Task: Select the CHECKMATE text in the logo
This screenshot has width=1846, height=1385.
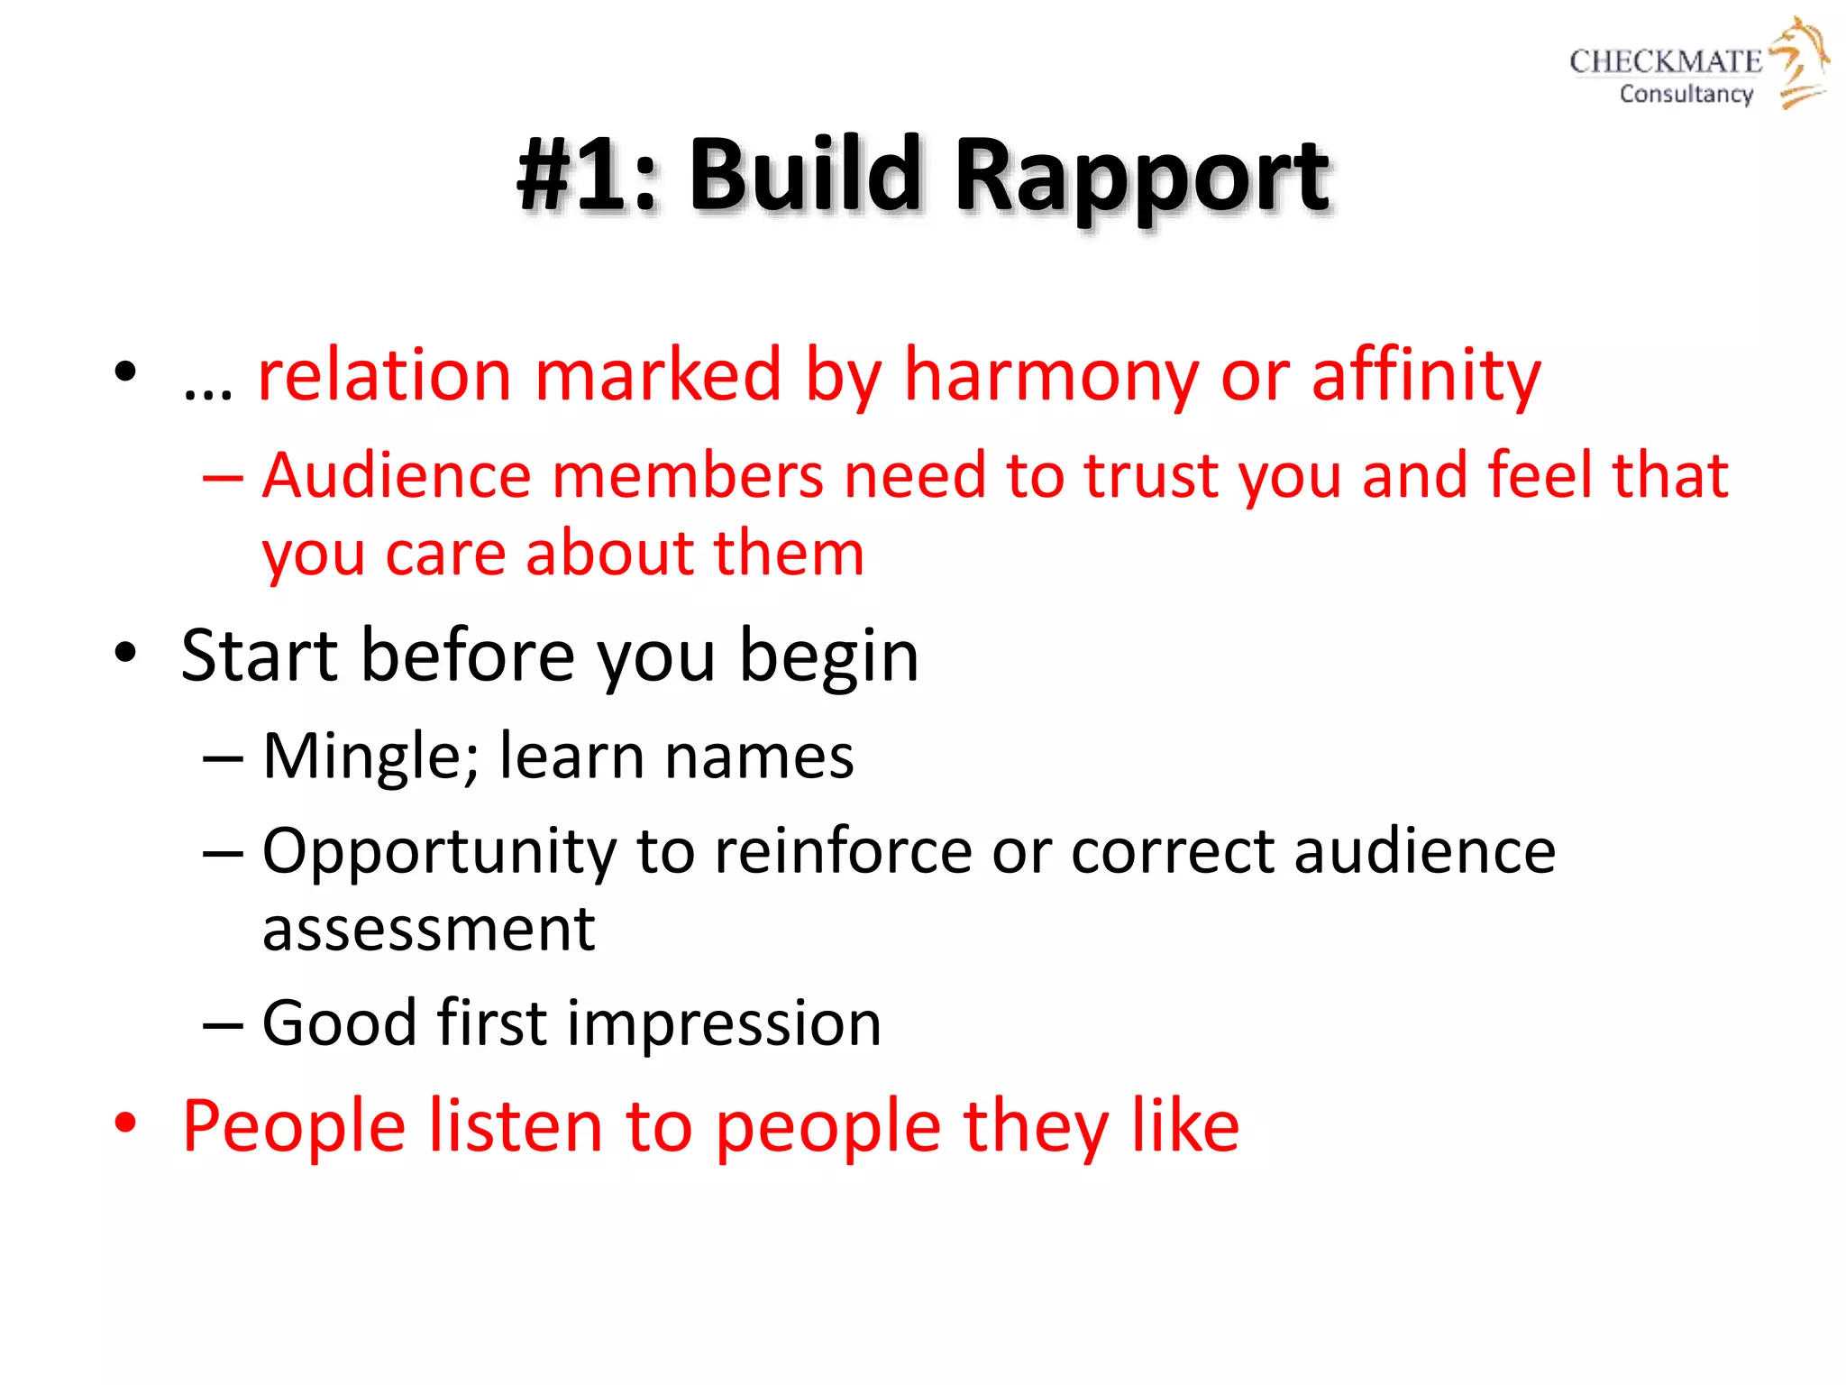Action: coord(1665,61)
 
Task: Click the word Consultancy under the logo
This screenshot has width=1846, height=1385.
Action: coord(1686,94)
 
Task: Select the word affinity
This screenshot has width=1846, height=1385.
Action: coord(1426,375)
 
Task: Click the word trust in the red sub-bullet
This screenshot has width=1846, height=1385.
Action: coord(1151,476)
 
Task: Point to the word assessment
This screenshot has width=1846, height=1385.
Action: coord(428,931)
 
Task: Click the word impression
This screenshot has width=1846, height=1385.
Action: coord(724,1025)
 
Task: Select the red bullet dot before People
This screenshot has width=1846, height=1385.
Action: coord(125,1124)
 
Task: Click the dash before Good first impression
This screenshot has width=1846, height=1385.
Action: coord(223,1025)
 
